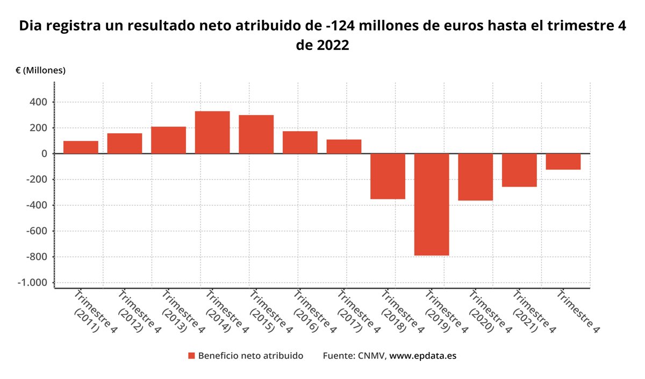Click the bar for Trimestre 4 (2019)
[432, 204]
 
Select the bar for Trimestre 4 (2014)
[212, 132]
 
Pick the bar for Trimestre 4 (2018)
[388, 176]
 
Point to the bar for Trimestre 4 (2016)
[300, 142]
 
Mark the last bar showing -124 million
[563, 162]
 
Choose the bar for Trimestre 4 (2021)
[519, 170]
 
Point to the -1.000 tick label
[33, 283]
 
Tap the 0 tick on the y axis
[45, 154]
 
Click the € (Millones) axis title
[40, 70]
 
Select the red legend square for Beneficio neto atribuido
[191, 356]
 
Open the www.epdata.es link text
[422, 356]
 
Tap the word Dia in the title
[31, 26]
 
